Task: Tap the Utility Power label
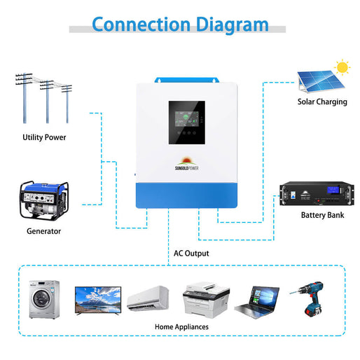[x=44, y=137]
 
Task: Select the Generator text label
[x=43, y=231]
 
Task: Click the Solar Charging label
[x=321, y=102]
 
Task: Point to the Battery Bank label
[x=322, y=215]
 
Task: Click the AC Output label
[x=191, y=253]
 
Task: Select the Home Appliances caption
[x=181, y=327]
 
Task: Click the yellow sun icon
[x=342, y=68]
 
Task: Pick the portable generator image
[x=43, y=199]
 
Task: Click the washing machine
[x=43, y=299]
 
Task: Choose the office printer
[x=202, y=300]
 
